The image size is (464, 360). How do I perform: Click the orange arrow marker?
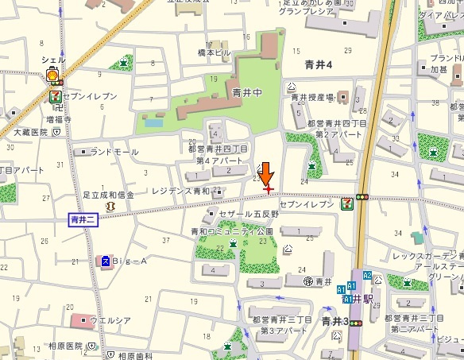click(x=267, y=174)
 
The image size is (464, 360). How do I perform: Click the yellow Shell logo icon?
click(x=53, y=76)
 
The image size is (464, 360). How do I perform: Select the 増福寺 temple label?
click(x=60, y=119)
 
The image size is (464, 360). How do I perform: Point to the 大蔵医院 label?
click(x=30, y=134)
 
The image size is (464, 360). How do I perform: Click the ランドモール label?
click(x=114, y=151)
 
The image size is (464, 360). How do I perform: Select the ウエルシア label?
click(x=110, y=321)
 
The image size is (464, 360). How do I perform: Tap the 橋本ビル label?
click(x=214, y=52)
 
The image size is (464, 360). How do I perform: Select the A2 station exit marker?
click(x=367, y=275)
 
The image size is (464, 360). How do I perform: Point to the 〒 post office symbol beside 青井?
click(x=308, y=281)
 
